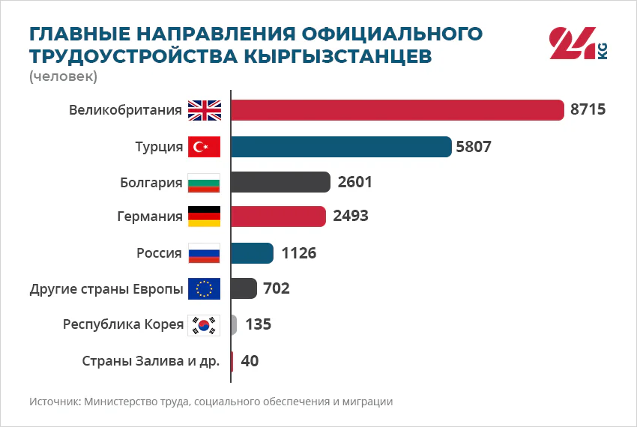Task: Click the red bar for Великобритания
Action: [398, 110]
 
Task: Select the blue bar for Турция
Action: [341, 147]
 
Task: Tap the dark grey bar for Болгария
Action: [281, 182]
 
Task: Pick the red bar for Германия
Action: [278, 216]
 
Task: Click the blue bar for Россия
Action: [253, 253]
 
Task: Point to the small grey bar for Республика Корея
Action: [234, 324]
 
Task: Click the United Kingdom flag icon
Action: [205, 111]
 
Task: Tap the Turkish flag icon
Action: [204, 147]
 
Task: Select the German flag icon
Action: [204, 216]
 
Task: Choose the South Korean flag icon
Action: [204, 325]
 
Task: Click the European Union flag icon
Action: [204, 289]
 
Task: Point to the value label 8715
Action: [588, 109]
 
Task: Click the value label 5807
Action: [474, 147]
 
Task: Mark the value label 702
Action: [277, 288]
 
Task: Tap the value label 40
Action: [250, 361]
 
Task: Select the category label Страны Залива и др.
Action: [151, 361]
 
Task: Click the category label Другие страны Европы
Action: [106, 289]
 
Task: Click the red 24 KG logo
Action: [578, 43]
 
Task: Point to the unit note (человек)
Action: [64, 76]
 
